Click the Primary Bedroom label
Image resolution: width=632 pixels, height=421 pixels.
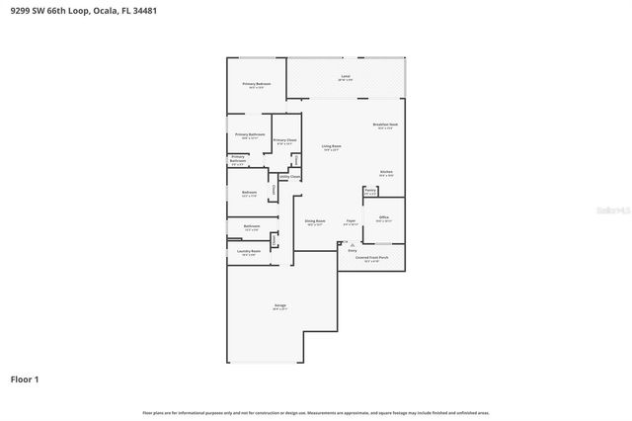point(257,85)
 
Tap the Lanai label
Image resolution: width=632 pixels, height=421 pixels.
point(346,77)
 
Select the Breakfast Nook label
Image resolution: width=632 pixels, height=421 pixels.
point(384,125)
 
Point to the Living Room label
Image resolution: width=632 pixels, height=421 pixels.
point(331,147)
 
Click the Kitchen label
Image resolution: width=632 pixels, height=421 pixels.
point(387,173)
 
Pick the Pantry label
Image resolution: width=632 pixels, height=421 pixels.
point(370,191)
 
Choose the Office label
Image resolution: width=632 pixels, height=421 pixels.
point(383,217)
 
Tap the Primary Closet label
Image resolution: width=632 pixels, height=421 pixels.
point(283,141)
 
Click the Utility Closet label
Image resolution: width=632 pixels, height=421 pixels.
point(289,176)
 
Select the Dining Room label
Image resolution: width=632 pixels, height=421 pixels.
point(315,221)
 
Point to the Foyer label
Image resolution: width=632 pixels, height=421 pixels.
point(351,221)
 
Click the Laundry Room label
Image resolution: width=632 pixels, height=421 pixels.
point(249,252)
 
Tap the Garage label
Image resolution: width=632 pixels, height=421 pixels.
point(280,306)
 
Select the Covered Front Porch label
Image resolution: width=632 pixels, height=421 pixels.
point(367,258)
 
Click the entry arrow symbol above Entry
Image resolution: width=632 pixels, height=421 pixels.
point(343,243)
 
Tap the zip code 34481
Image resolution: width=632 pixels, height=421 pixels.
point(144,10)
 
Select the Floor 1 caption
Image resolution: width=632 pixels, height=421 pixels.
point(24,379)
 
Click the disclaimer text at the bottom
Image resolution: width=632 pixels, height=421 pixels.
point(316,412)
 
